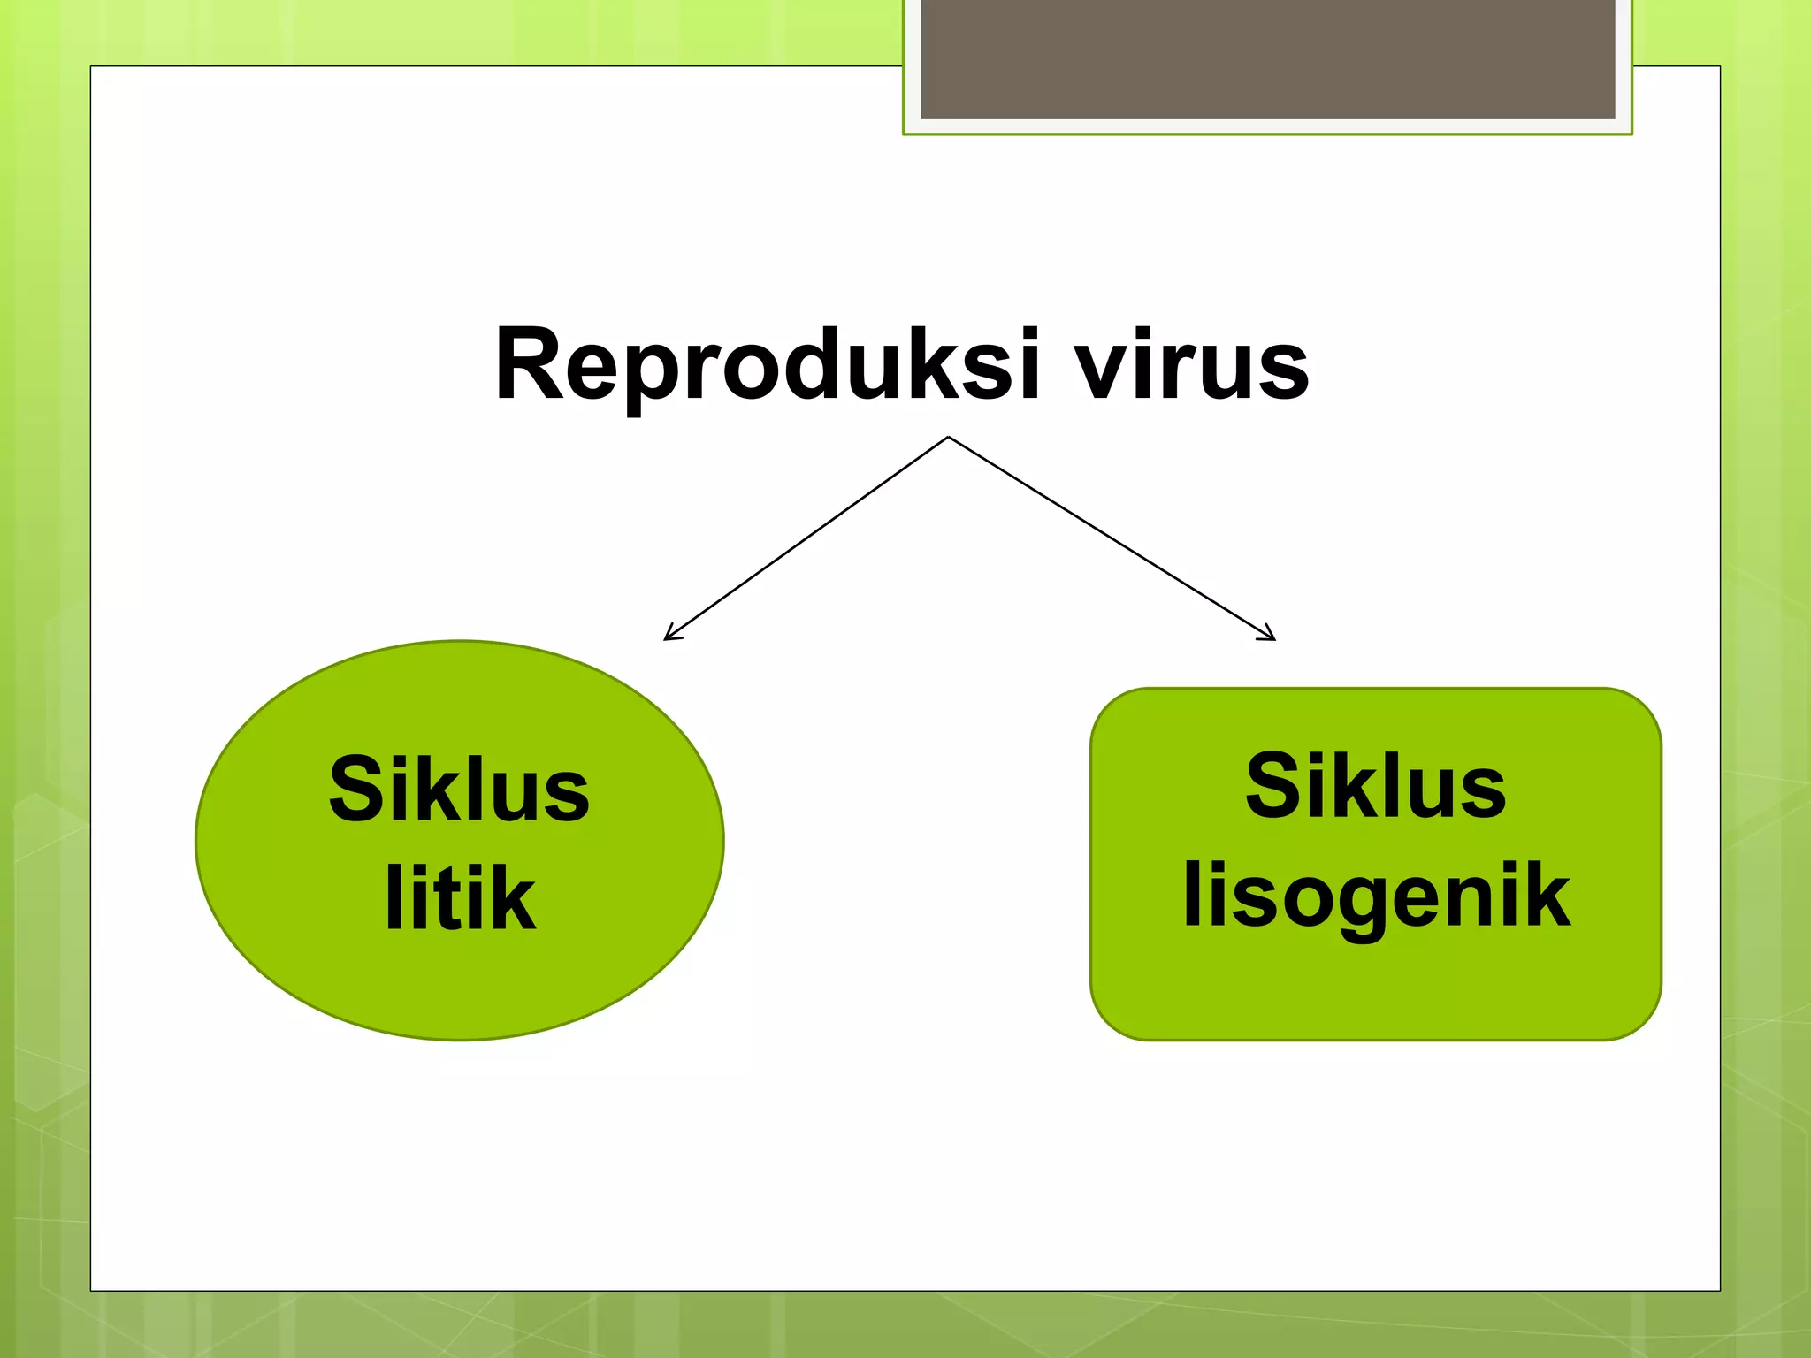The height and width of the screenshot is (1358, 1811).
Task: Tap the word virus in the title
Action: coord(1191,364)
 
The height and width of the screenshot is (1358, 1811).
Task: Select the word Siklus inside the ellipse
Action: coord(459,789)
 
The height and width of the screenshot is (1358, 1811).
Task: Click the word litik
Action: coord(460,897)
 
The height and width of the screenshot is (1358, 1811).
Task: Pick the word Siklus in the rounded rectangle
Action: coord(1375,785)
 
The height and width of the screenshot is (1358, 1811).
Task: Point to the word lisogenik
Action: coord(1376,896)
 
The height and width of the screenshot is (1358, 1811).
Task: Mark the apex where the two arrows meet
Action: coord(948,438)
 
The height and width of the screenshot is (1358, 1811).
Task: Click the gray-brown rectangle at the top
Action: coord(1267,58)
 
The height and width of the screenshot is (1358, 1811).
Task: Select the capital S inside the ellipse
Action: coord(354,789)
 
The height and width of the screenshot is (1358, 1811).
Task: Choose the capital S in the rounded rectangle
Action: coord(1271,785)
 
